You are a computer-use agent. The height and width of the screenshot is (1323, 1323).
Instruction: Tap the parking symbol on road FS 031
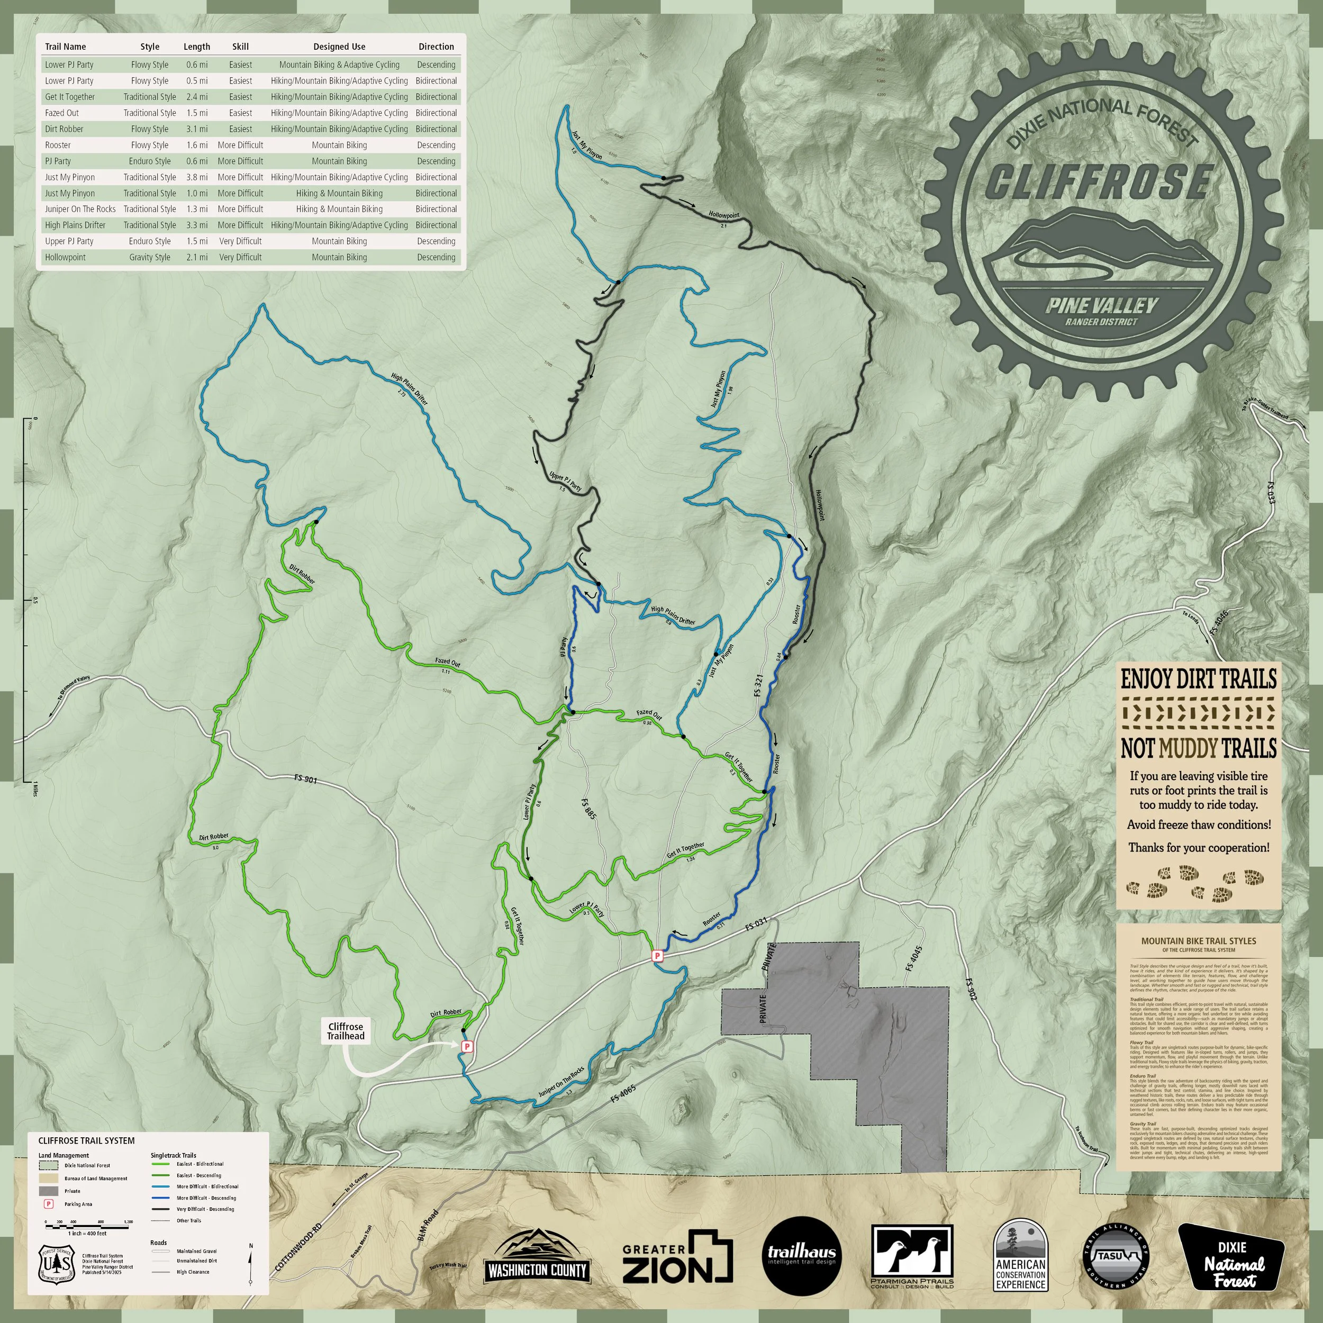click(657, 955)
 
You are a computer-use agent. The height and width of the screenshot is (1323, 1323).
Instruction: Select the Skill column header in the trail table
click(240, 47)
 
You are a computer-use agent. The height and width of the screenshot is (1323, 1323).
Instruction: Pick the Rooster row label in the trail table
click(58, 145)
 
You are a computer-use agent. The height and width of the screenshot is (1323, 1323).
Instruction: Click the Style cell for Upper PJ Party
click(150, 241)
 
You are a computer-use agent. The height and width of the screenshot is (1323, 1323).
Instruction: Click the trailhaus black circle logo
click(801, 1256)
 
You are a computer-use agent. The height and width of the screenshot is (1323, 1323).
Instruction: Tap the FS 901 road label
click(305, 780)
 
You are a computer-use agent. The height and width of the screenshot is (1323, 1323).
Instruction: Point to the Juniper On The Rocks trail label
click(561, 1083)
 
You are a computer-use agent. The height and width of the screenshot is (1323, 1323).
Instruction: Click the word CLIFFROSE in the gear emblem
click(1100, 182)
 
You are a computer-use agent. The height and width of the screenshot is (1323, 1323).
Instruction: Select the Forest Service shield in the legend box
click(57, 1265)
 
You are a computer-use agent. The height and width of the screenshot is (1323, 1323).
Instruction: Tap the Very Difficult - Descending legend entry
click(205, 1209)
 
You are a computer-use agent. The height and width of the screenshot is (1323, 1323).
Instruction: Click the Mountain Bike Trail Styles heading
click(1198, 941)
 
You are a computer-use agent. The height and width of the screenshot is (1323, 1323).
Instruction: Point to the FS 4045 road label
click(914, 959)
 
